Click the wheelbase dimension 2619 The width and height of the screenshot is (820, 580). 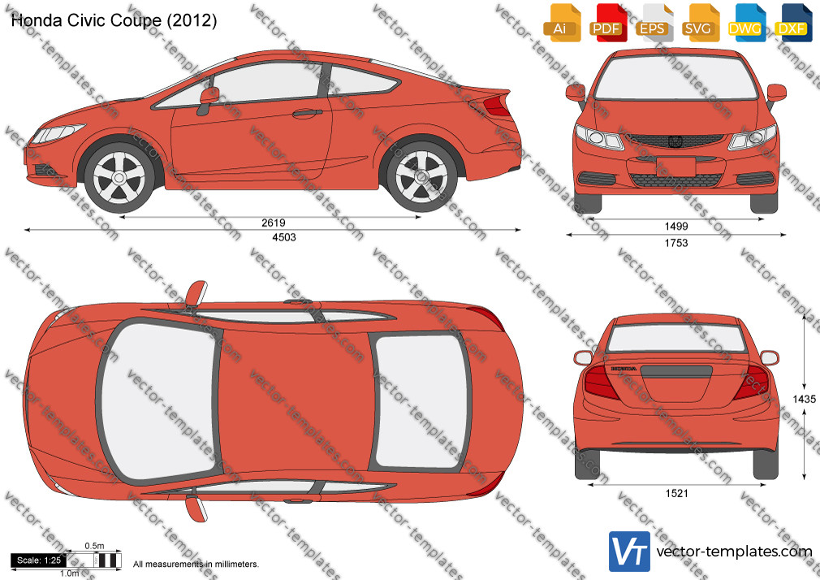click(274, 223)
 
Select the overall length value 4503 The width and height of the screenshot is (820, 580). click(284, 237)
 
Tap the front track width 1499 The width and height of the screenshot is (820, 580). click(676, 226)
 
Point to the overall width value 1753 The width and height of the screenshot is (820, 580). click(676, 243)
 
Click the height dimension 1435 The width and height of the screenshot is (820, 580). click(804, 399)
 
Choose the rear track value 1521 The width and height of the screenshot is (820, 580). click(677, 493)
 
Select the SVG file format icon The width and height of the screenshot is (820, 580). click(699, 23)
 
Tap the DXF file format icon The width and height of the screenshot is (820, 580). click(793, 23)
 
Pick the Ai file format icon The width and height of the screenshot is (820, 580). click(561, 23)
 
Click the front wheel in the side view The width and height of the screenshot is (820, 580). click(119, 177)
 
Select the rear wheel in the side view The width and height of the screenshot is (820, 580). click(421, 177)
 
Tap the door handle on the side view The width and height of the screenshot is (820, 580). click(308, 112)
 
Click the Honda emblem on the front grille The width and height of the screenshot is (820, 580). click(675, 141)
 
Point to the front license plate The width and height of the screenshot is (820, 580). click(675, 167)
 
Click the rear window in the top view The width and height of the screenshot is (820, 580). click(421, 401)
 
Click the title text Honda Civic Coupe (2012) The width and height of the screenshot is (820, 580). click(114, 20)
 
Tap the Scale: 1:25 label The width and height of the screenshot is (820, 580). click(39, 561)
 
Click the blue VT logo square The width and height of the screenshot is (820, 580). click(630, 552)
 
